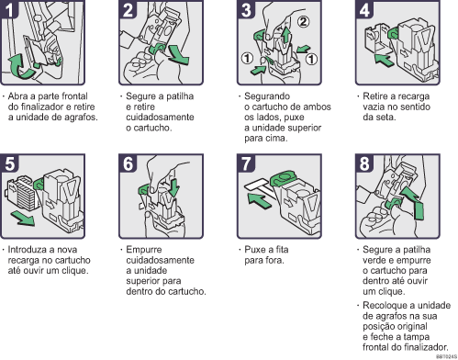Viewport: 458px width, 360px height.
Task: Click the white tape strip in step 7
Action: (264, 187)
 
